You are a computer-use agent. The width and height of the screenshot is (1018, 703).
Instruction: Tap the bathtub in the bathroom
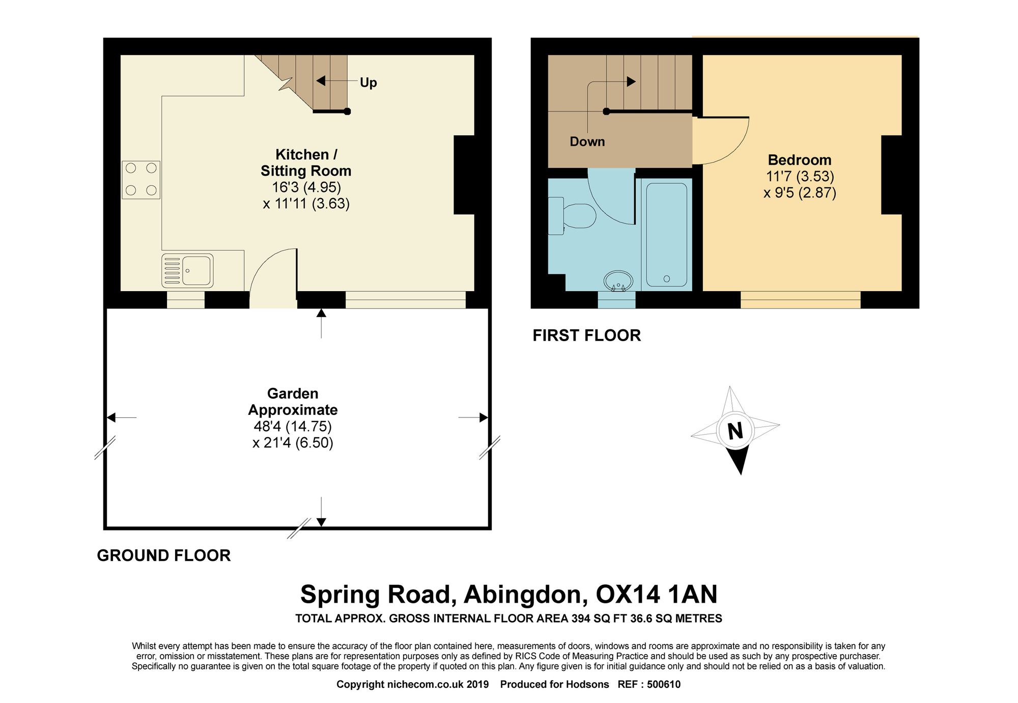(x=666, y=235)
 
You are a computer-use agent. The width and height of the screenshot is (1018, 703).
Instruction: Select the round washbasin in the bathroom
(x=618, y=280)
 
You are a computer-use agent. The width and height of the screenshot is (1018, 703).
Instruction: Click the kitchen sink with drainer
(x=187, y=270)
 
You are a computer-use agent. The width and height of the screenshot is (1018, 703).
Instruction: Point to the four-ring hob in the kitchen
(x=141, y=179)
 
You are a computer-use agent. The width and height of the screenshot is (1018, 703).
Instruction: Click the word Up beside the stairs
(x=369, y=82)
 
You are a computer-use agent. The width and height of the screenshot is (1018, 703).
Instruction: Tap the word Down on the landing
(x=587, y=142)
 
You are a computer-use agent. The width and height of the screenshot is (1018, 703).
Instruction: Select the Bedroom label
(x=800, y=160)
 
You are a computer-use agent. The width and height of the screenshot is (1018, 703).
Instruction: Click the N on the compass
(x=736, y=431)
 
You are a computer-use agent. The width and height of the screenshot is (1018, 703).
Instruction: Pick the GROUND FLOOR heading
(x=164, y=555)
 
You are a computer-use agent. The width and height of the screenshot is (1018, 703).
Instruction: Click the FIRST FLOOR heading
(x=587, y=335)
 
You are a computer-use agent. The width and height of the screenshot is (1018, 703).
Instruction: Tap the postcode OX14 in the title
(x=628, y=594)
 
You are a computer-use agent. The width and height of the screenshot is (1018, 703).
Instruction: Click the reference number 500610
(x=664, y=685)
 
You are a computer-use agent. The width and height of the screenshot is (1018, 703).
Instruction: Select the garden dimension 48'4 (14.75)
(x=293, y=426)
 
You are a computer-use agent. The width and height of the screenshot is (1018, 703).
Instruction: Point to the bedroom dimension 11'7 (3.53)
(x=800, y=177)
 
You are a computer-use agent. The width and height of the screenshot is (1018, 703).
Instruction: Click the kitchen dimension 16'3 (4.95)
(x=306, y=187)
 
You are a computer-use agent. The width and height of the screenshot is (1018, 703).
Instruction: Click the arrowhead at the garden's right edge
(x=484, y=418)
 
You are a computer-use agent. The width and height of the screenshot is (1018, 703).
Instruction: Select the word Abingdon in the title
(x=523, y=595)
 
